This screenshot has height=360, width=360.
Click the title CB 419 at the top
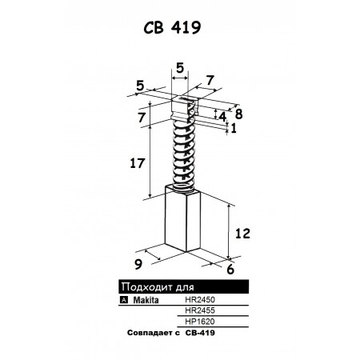pyautogui.click(x=172, y=27)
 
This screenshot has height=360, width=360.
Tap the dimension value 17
pyautogui.click(x=138, y=163)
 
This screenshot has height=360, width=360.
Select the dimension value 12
pyautogui.click(x=242, y=234)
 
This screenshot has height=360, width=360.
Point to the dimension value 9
pyautogui.click(x=138, y=264)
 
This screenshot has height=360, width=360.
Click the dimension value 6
pyautogui.click(x=230, y=269)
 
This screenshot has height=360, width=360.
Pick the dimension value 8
pyautogui.click(x=238, y=114)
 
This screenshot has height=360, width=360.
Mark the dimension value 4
pyautogui.click(x=222, y=117)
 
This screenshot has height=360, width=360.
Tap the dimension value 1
pyautogui.click(x=234, y=129)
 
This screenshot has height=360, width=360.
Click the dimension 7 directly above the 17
pyautogui.click(x=142, y=118)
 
